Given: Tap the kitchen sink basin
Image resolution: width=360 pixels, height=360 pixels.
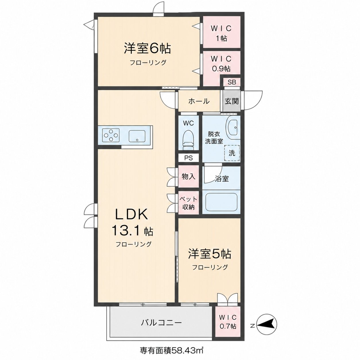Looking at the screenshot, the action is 137,136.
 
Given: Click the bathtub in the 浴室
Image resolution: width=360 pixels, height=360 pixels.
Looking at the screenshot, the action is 221,202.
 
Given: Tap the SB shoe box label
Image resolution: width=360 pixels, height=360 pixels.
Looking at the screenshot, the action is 232,82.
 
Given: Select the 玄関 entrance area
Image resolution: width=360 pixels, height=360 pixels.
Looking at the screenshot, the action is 231,101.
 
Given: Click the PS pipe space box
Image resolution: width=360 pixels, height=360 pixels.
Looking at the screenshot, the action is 188,158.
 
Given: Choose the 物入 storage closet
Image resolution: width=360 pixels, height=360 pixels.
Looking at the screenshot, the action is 188,176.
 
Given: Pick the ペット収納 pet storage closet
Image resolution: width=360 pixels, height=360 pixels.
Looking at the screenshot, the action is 188,203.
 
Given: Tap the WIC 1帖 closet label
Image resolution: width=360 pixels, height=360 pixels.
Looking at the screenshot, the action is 221,33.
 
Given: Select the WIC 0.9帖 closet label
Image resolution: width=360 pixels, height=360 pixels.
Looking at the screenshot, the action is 221,64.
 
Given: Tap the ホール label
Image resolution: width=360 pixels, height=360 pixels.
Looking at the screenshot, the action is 199,101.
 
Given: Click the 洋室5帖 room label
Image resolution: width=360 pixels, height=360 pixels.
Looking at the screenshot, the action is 210,254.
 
